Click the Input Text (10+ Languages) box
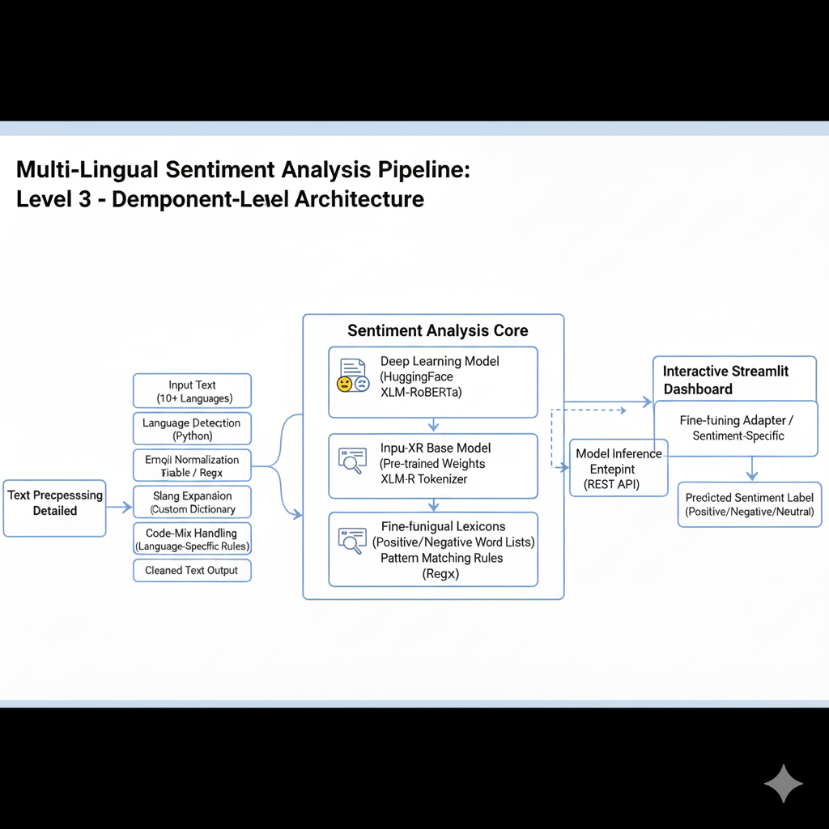click(x=192, y=391)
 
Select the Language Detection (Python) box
click(x=192, y=429)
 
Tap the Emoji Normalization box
click(x=192, y=466)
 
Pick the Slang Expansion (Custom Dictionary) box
click(x=192, y=502)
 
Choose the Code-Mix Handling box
click(x=192, y=540)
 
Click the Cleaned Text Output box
click(x=192, y=570)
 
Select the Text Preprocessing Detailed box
click(x=55, y=508)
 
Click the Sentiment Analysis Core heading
click(x=437, y=330)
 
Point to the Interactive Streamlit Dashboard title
click(x=725, y=380)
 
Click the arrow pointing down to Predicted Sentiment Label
click(x=752, y=469)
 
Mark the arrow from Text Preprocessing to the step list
click(x=119, y=508)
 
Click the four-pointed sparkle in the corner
click(x=784, y=783)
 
